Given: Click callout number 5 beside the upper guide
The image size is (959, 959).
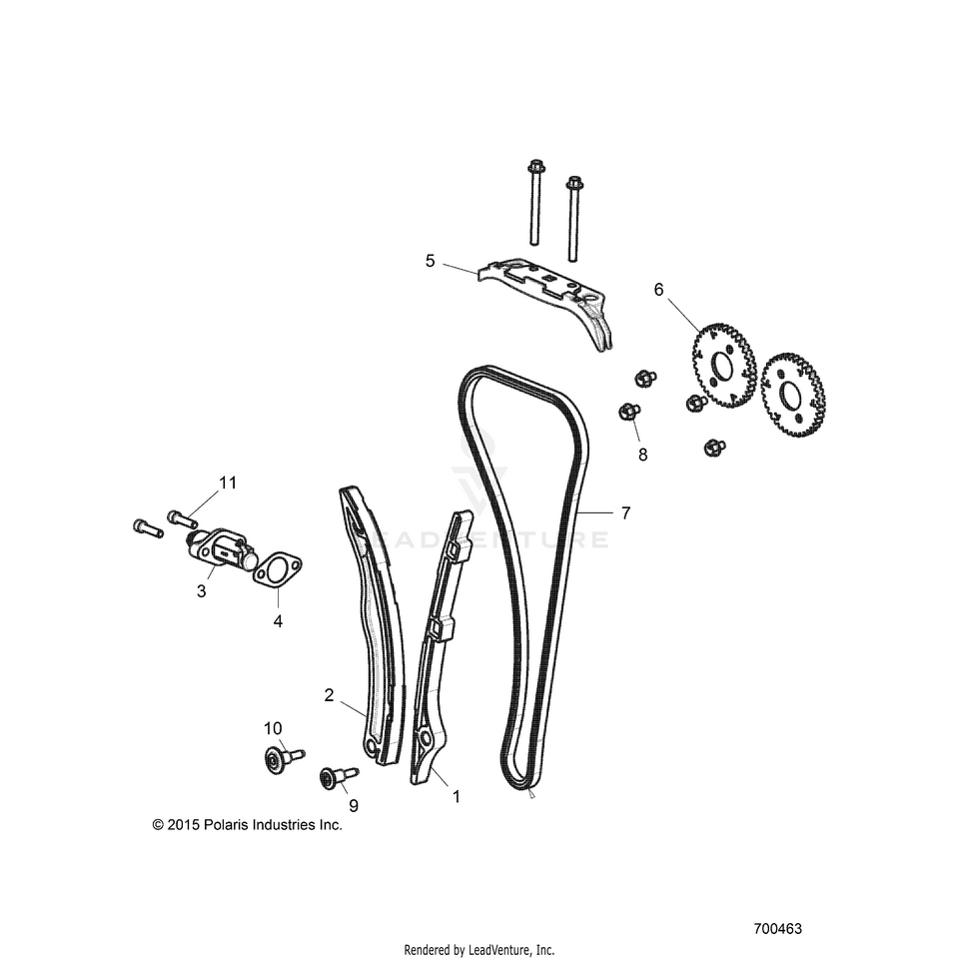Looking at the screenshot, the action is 430,261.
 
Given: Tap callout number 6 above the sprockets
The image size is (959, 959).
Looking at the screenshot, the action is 658,290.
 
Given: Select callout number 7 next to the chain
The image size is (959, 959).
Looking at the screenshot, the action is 625,513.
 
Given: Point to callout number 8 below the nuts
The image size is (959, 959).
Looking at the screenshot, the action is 642,456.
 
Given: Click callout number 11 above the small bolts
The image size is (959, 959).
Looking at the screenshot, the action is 228,482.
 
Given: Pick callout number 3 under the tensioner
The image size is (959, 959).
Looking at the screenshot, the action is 201,591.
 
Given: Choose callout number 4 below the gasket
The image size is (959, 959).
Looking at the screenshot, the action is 279,621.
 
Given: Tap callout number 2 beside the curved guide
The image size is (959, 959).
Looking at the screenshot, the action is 329,695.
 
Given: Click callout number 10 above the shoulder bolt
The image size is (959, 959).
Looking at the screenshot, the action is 273,728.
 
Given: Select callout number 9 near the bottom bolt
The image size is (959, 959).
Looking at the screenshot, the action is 354,806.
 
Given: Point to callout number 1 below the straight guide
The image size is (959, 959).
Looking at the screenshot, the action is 456,796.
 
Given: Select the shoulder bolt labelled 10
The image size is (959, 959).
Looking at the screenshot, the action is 284,758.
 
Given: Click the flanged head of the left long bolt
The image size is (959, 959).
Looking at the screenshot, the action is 535,167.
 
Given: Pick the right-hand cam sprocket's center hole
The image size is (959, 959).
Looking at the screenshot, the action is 789,395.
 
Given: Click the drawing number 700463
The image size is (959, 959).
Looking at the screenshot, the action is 777,928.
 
